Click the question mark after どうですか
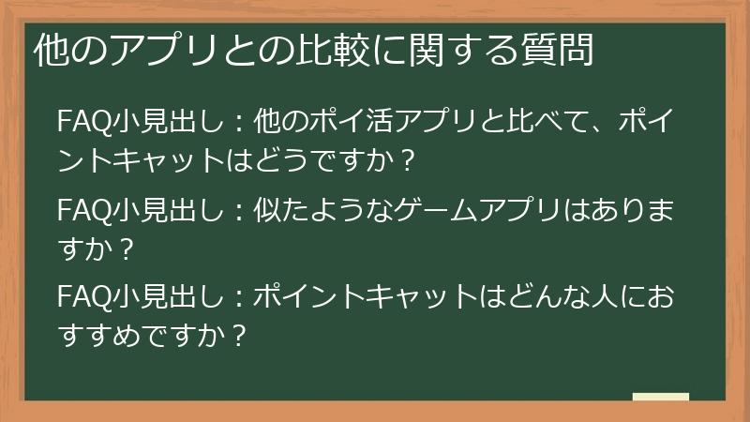[405, 161]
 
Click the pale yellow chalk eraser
[660, 398]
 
